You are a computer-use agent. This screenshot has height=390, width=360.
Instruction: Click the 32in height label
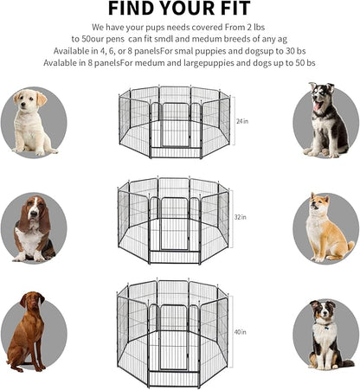pyautogui.click(x=240, y=218)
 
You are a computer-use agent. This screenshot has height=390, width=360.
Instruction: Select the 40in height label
pyautogui.click(x=240, y=330)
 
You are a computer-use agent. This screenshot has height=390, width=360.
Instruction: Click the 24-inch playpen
pyautogui.click(x=173, y=122)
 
